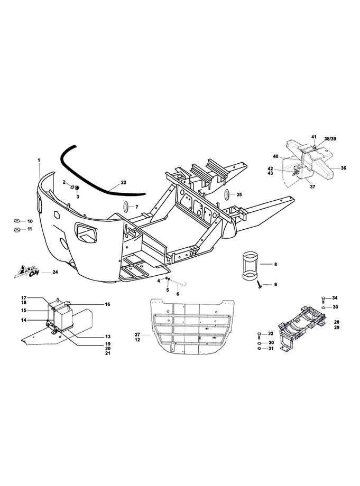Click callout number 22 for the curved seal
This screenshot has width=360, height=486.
click(x=123, y=183)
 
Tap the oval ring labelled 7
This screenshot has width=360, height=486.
click(x=126, y=207)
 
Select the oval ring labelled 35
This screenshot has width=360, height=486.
click(x=227, y=194)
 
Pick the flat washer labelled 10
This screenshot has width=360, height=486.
click(x=17, y=221)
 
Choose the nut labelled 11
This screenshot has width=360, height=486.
click(x=17, y=230)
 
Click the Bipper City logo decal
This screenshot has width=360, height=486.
click(x=26, y=272)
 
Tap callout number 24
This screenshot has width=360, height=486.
click(x=55, y=272)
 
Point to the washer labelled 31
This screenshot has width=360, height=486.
click(x=259, y=349)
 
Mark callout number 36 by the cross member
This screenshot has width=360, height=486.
click(x=343, y=168)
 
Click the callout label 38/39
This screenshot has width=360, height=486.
click(x=330, y=139)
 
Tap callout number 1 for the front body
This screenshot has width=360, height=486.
click(x=39, y=160)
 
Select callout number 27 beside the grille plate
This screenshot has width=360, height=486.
click(x=137, y=334)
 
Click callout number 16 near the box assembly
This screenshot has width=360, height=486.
click(x=107, y=304)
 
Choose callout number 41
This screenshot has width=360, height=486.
click(x=314, y=137)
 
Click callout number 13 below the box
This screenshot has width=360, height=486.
click(x=108, y=337)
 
